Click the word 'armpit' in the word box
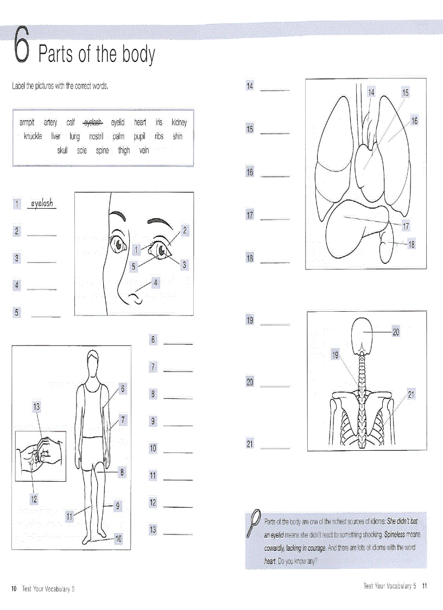coord(27,123)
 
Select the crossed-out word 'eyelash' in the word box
coord(93,123)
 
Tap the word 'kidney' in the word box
coord(179,123)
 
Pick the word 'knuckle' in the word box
coord(33,136)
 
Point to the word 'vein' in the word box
coord(143,150)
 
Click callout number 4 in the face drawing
coord(156,282)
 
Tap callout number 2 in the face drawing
coord(185,230)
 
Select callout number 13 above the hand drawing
coord(37,406)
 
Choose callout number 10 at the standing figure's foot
coord(118,539)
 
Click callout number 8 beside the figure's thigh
coord(122,473)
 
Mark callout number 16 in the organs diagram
coord(414,121)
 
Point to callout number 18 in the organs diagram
coord(411,245)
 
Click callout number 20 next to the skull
coord(396,332)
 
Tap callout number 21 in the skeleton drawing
coord(411,395)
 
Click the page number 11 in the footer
coord(425,586)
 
